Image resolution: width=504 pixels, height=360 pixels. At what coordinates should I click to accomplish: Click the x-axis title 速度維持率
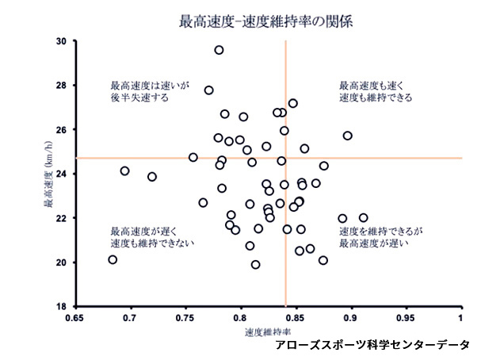coord(266,330)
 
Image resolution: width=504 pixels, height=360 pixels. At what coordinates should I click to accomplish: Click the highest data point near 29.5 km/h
coord(219,50)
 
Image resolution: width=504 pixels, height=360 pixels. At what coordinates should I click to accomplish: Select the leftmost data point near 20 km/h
coord(113,259)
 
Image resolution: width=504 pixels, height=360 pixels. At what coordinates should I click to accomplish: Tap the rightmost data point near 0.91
coord(363,217)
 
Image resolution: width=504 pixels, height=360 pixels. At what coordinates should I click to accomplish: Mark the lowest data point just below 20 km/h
coord(255,265)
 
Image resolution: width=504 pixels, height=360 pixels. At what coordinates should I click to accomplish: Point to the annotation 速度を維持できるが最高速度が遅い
coord(381,237)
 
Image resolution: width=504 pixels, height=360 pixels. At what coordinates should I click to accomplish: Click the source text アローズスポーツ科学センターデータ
coord(372,346)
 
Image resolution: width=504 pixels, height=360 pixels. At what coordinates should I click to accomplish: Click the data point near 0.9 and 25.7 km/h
coord(347,136)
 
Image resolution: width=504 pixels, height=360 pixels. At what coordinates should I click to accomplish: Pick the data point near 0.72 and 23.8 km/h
coord(152,177)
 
